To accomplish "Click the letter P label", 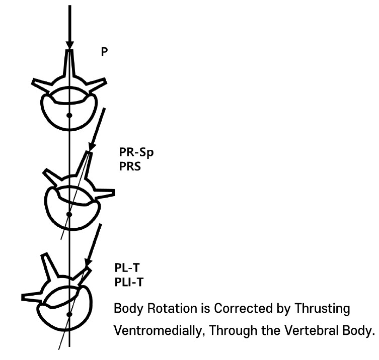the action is (x=104, y=52).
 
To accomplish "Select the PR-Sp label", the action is (x=136, y=152).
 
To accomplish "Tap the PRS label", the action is (x=130, y=166).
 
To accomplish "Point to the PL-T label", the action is (x=127, y=268).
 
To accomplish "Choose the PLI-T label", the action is (x=129, y=282).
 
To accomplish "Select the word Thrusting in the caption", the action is (x=322, y=309).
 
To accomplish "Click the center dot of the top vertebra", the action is (x=69, y=116).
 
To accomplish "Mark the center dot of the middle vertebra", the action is (x=69, y=214).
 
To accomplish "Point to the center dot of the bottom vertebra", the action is (x=69, y=314).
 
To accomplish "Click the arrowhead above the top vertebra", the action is (x=70, y=45).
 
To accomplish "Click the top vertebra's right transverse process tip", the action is (x=105, y=81).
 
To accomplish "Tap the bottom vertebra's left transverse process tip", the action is (x=23, y=297).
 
